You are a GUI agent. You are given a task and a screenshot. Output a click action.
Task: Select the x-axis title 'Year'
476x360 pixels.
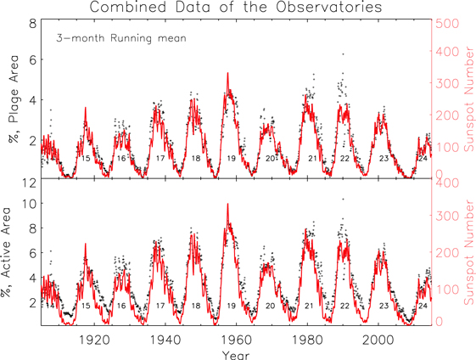237,352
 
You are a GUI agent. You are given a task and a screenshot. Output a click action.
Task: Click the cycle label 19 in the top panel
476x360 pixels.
231,159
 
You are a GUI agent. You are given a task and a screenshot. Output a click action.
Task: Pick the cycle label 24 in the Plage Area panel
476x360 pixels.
422,159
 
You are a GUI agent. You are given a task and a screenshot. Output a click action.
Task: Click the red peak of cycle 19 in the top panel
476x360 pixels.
227,74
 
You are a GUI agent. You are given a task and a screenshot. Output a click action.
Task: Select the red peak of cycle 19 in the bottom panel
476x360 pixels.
227,205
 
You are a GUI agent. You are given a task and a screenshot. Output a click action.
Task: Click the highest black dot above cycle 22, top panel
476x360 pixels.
343,53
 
